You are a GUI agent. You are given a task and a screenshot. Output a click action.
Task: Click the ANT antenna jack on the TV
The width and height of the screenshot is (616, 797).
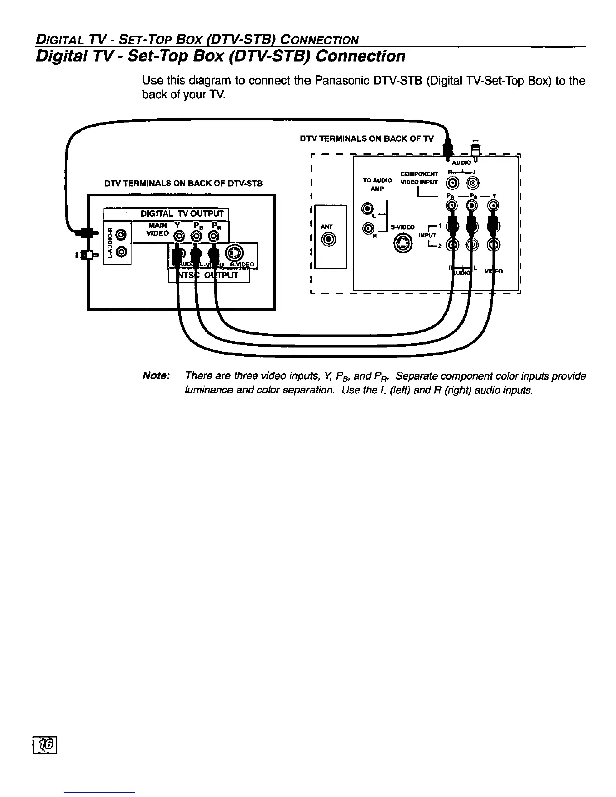[x=330, y=240]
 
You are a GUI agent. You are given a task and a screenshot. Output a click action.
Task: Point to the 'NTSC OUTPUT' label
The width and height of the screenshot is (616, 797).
[x=208, y=276]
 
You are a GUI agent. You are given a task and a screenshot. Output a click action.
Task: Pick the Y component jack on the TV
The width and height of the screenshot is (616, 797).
[x=495, y=205]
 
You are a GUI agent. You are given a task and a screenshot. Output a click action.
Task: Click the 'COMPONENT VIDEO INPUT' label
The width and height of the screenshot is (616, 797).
[x=421, y=178]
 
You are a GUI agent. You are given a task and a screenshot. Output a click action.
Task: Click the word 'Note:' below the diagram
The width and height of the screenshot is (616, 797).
[x=157, y=376]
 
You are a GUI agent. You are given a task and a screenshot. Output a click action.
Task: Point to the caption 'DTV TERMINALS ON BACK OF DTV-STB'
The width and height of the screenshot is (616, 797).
[x=183, y=183]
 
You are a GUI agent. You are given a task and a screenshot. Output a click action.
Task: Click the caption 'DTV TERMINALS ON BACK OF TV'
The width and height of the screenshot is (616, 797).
[x=369, y=139]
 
